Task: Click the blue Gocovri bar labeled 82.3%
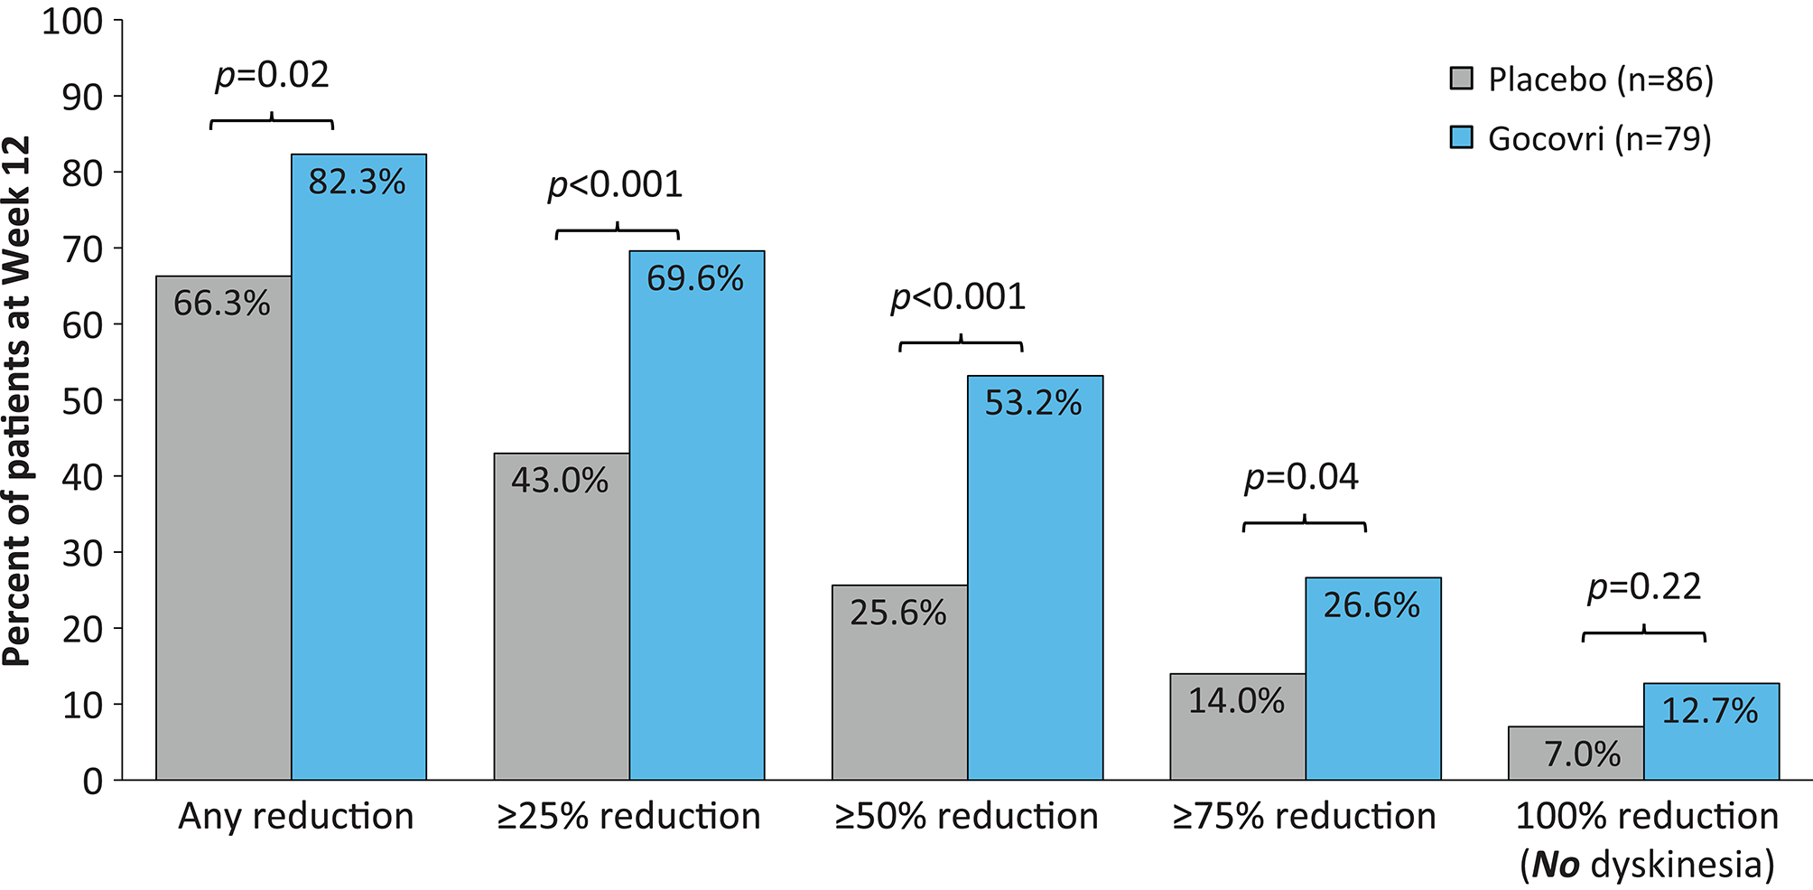(358, 470)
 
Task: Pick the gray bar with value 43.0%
(561, 623)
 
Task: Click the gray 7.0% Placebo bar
(1576, 754)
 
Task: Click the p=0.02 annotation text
(272, 75)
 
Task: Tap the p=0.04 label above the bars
(1301, 477)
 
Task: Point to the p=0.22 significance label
(1644, 587)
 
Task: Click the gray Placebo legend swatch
(1461, 79)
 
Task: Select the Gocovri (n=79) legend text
(1599, 139)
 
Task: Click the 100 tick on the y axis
(72, 22)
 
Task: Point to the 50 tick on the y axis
(81, 401)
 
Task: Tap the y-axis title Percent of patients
(18, 402)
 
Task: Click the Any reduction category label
(295, 817)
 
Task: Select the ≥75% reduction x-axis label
(1304, 817)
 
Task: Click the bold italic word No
(1556, 866)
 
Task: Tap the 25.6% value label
(897, 614)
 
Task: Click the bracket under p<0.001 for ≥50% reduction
(961, 343)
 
